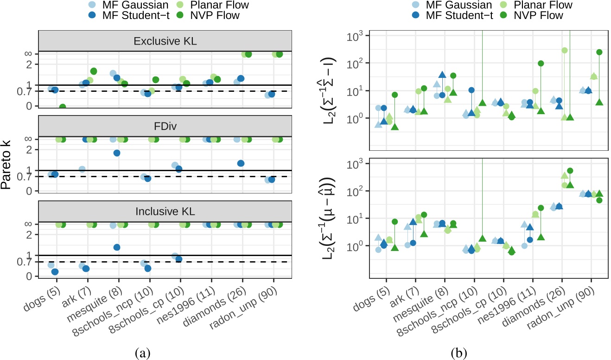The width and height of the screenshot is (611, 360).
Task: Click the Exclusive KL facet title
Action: click(165, 41)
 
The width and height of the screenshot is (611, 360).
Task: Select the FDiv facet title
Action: click(165, 126)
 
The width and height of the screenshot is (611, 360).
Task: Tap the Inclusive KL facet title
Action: click(165, 212)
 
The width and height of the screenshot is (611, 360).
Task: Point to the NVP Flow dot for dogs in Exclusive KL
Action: click(62, 107)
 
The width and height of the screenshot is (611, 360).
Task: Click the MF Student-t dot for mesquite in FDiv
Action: click(117, 153)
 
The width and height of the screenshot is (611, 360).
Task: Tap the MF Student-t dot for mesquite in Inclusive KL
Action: click(117, 247)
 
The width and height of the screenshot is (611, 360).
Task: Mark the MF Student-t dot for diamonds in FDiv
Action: click(241, 163)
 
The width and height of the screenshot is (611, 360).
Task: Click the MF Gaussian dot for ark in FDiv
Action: click(82, 169)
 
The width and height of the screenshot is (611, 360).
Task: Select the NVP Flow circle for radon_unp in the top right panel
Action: click(599, 52)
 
